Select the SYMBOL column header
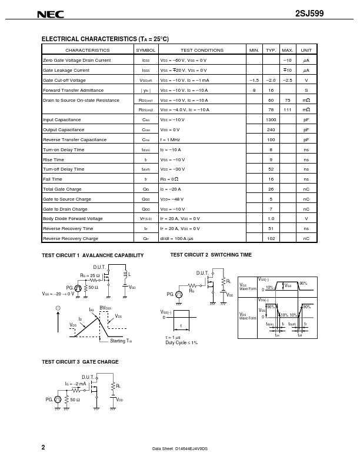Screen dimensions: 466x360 [x=145, y=51]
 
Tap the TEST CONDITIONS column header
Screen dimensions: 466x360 [x=202, y=51]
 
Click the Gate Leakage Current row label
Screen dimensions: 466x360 [x=66, y=70]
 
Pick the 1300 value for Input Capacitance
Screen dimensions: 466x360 [x=271, y=119]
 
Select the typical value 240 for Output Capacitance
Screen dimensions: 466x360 [x=271, y=129]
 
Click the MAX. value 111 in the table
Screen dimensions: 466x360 [x=288, y=109]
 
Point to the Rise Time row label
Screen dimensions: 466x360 [x=54, y=159]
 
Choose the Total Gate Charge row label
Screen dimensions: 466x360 [x=62, y=189]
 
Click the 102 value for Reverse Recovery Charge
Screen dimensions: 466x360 [x=271, y=238]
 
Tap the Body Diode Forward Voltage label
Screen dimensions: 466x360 [x=72, y=218]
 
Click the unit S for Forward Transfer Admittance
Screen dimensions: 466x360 [x=306, y=90]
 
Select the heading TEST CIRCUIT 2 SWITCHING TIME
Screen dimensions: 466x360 [x=211, y=255]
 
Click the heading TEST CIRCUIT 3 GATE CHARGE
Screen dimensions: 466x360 [x=80, y=362]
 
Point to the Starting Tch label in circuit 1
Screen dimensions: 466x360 [x=121, y=341]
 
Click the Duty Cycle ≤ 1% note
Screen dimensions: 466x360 [x=181, y=342]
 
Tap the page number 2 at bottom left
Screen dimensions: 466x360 [x=44, y=447]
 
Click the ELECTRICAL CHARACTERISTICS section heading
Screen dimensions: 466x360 [x=105, y=39]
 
